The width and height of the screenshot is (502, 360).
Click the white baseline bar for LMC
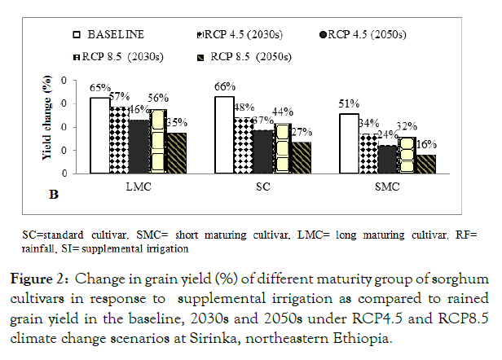(99, 136)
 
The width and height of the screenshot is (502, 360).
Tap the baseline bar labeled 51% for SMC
(349, 143)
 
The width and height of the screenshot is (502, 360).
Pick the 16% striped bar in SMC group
(426, 164)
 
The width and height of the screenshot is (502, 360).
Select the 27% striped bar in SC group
(302, 157)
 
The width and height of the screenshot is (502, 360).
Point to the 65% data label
(100, 86)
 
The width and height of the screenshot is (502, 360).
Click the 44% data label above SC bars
(283, 112)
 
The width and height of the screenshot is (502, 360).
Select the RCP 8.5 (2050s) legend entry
(249, 57)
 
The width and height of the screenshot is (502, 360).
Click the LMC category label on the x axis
(138, 186)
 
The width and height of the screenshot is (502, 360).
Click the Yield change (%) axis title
(50, 126)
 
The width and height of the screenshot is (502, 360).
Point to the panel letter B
(54, 195)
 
